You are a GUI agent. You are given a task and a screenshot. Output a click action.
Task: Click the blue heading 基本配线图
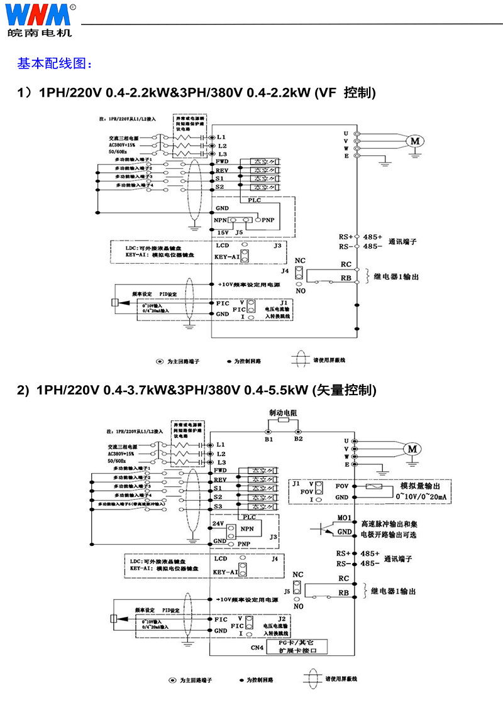point(55,63)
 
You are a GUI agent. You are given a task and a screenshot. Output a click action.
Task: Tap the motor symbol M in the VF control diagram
point(415,141)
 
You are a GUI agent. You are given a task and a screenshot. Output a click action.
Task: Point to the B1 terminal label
point(268,439)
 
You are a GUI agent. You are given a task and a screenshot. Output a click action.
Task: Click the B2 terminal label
point(299,439)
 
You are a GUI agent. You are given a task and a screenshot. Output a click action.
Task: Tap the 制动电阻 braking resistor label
point(283,413)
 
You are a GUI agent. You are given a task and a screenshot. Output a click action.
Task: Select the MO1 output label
point(344,518)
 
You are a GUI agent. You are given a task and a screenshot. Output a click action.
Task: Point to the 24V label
point(218,523)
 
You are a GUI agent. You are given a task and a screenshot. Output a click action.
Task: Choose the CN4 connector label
point(257,647)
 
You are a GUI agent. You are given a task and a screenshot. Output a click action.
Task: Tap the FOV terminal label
point(343,486)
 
